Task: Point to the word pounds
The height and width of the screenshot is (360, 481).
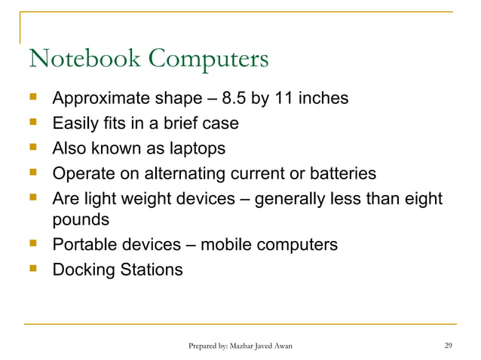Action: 80,220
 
